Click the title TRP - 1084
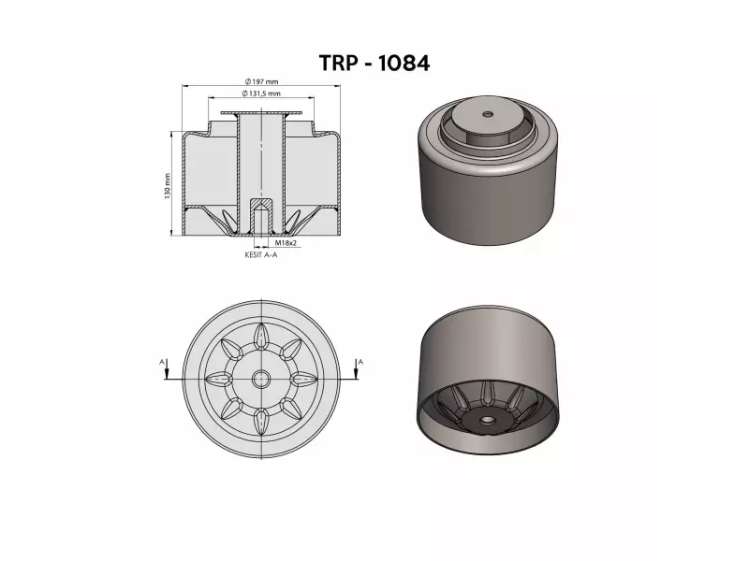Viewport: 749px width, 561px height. (374, 63)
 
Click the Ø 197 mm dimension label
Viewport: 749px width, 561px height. (261, 81)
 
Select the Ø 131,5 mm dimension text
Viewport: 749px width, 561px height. (261, 93)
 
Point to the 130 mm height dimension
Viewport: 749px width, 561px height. (168, 186)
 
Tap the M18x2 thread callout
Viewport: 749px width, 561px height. (286, 243)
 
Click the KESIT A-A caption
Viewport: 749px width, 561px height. (261, 254)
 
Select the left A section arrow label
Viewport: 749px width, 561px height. (161, 363)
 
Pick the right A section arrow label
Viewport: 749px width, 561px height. (360, 362)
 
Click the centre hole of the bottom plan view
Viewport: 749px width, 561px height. (261, 379)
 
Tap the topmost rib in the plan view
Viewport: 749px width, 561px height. (261, 337)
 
